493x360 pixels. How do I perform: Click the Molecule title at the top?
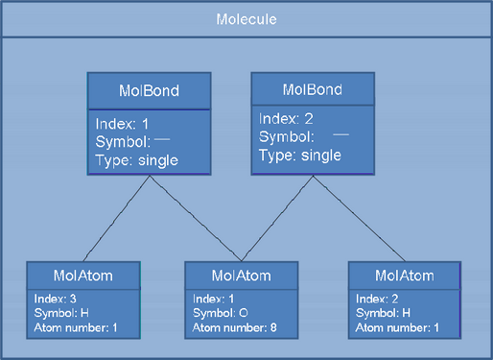[246, 19]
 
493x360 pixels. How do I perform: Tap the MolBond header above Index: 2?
[310, 89]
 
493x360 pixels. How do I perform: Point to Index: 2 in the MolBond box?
[285, 121]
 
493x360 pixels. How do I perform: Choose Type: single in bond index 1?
[136, 159]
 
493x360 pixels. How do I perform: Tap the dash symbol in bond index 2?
[340, 137]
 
